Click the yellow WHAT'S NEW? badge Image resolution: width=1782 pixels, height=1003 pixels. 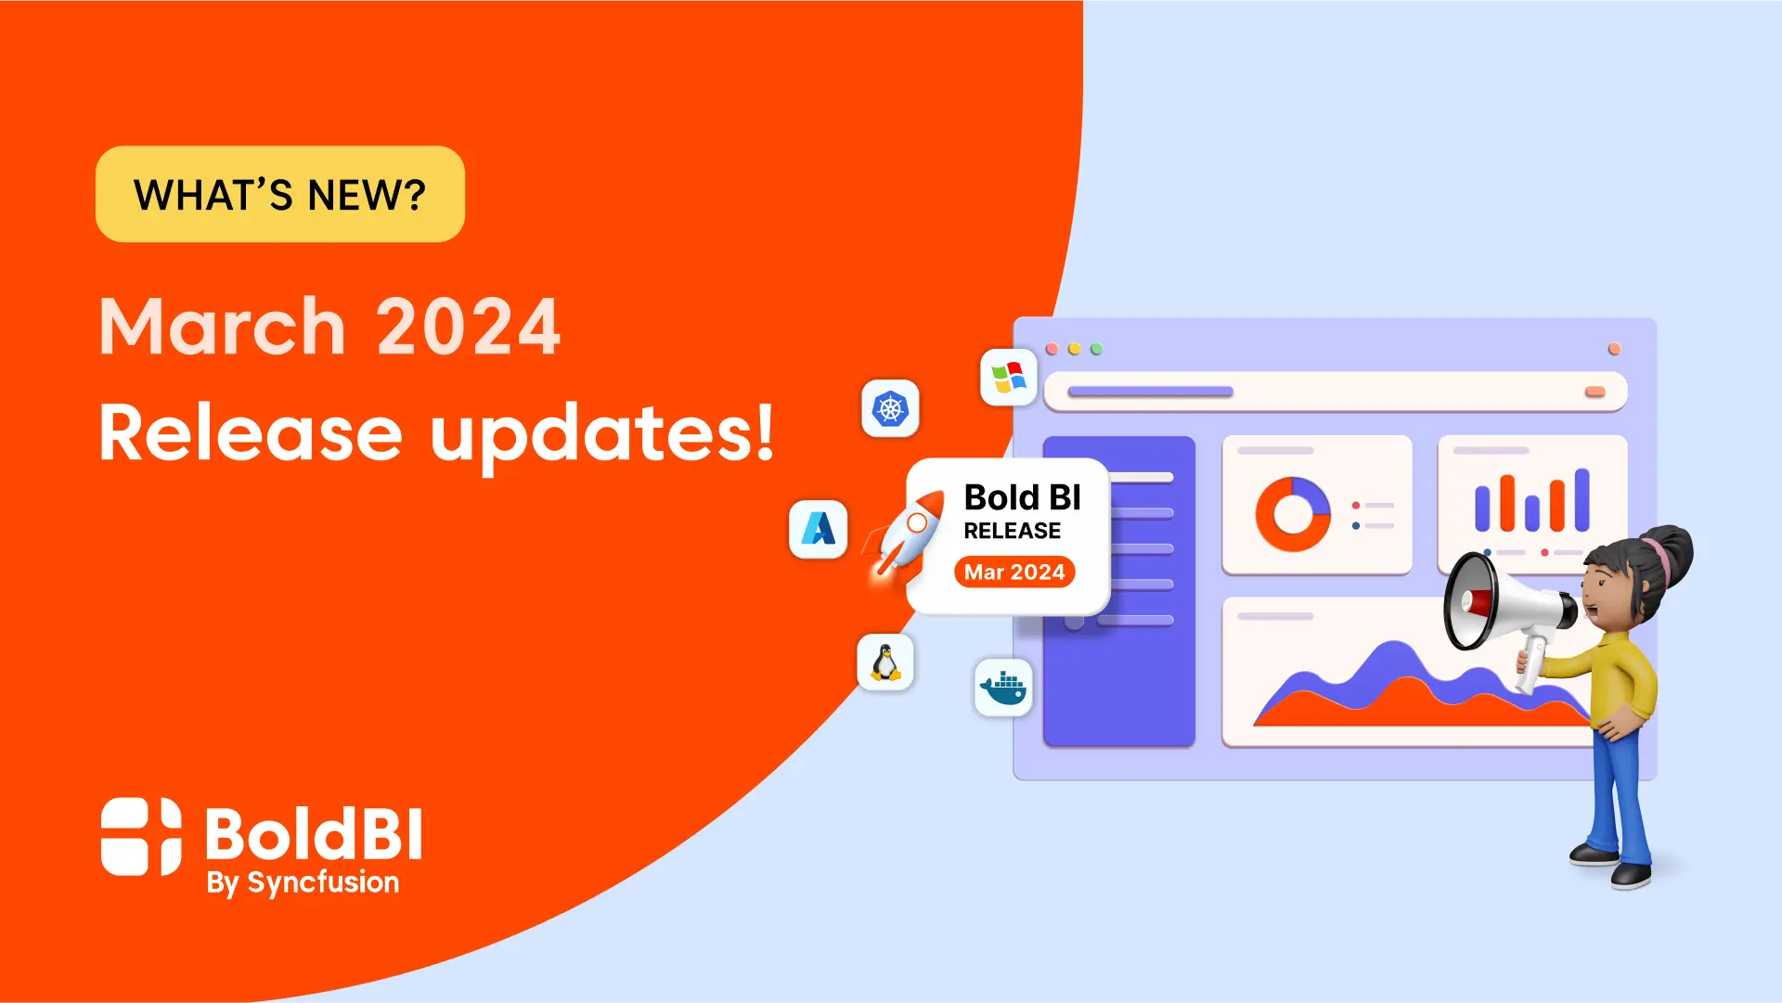coord(279,194)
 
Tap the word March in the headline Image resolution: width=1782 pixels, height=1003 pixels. coord(223,326)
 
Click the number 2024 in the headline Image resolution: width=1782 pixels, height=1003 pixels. coord(469,327)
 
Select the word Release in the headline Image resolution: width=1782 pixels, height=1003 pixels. coord(251,432)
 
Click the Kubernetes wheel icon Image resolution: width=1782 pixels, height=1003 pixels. coord(890,408)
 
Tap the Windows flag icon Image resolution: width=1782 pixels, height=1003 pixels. coord(1009,378)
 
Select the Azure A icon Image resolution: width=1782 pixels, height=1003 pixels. coord(818,529)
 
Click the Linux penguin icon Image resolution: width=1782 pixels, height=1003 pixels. coord(885,662)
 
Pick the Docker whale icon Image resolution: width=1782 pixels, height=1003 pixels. coord(1003,688)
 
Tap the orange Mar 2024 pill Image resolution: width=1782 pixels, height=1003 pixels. coord(1014,572)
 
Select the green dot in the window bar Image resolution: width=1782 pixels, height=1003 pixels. coord(1096,349)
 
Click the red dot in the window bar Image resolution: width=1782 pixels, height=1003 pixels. coord(1052,349)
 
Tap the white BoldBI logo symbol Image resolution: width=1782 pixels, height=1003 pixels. coord(141,836)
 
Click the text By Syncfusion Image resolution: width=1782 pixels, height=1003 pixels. coord(303,882)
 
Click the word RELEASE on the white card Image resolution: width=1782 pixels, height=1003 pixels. coord(1012,531)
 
